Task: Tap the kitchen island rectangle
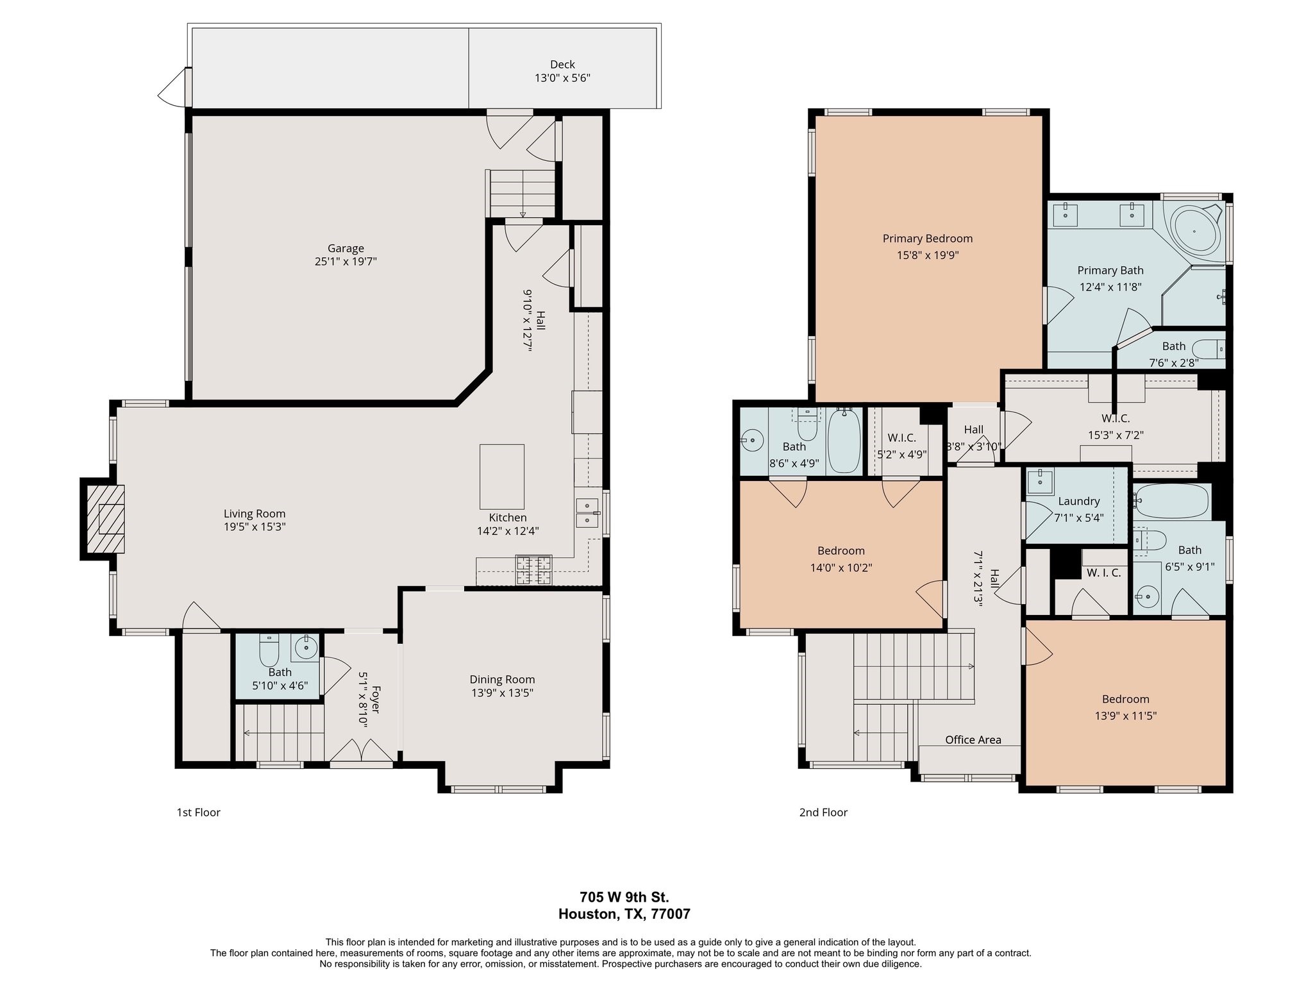501,476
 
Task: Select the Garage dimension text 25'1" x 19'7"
346,262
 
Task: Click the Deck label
562,64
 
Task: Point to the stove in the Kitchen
533,570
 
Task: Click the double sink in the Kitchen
587,513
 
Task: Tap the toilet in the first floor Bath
269,652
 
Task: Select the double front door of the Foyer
362,755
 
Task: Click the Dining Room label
502,679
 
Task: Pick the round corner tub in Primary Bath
1196,230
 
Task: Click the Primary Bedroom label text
927,239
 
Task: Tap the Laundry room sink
1040,481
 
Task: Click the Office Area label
973,739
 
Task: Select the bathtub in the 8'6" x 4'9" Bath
844,441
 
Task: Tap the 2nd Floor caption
823,812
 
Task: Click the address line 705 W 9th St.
624,897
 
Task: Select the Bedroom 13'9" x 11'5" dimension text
1125,716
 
